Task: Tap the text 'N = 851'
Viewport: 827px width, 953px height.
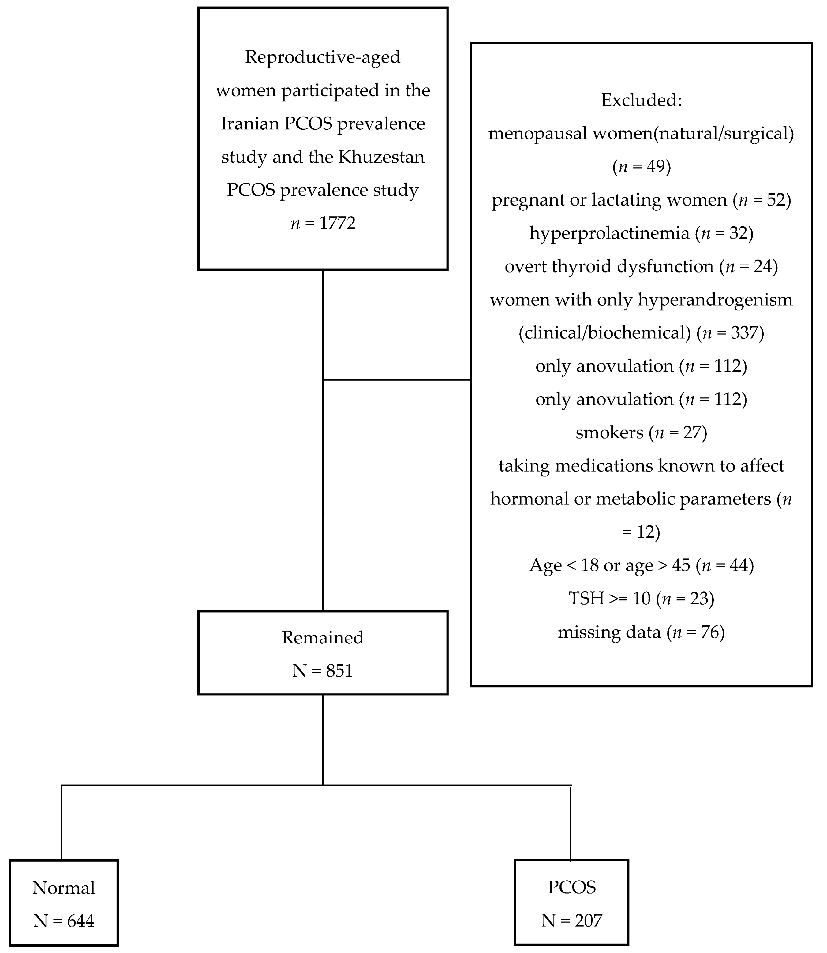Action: tap(323, 670)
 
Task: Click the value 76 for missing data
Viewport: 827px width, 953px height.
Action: tap(710, 632)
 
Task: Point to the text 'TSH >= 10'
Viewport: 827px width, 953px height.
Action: tap(609, 599)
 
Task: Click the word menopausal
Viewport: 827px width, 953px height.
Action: tap(537, 133)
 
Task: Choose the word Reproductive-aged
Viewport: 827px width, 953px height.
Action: tap(323, 57)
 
